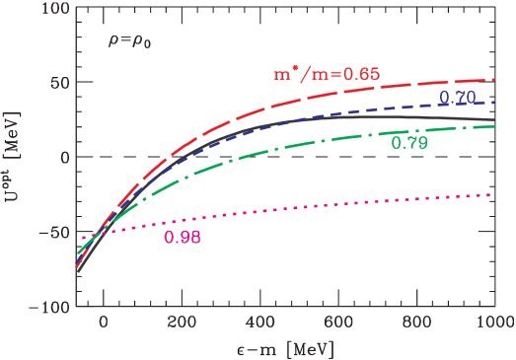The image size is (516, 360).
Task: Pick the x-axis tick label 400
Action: point(259,323)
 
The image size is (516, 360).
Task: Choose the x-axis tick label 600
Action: point(337,323)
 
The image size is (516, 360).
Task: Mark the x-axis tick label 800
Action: point(415,323)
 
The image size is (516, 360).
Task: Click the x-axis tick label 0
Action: point(104,323)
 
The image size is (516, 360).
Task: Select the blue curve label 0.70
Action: point(457,97)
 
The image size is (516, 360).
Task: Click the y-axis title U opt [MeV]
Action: point(16,158)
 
